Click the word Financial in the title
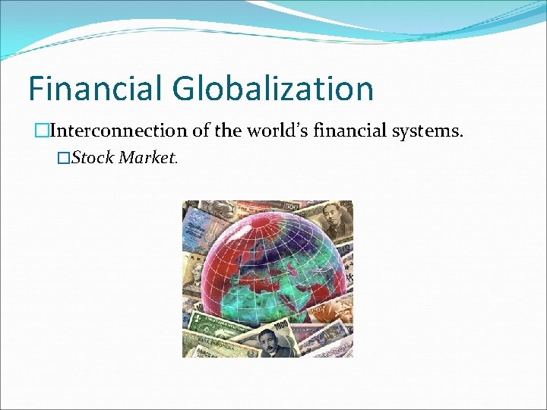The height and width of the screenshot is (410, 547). click(95, 88)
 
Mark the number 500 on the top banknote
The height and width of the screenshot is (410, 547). click(291, 206)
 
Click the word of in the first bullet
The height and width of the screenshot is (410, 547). click(201, 131)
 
